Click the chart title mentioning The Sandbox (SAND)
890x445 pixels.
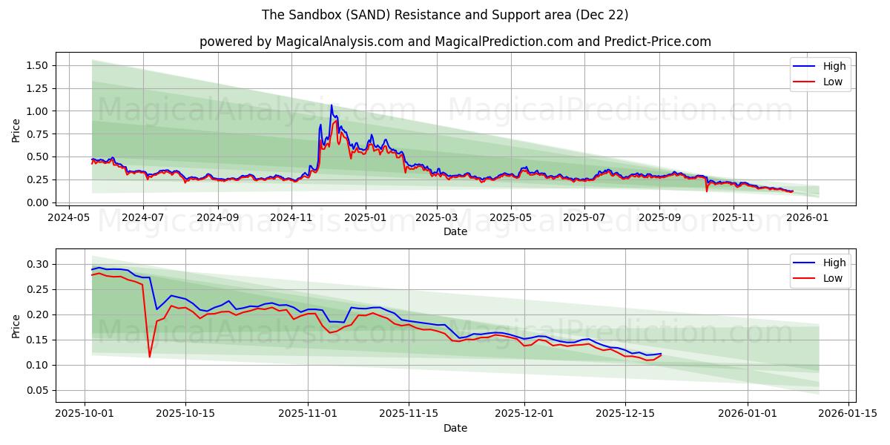[445, 15]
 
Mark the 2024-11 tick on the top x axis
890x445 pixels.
[291, 218]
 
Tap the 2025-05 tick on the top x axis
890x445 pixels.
[511, 218]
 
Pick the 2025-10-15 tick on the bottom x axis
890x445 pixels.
[185, 414]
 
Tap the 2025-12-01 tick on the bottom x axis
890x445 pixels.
[524, 414]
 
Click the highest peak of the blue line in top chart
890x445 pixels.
[332, 105]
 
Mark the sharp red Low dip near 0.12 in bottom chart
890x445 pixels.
[150, 357]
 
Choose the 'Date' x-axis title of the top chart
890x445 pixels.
[455, 231]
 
